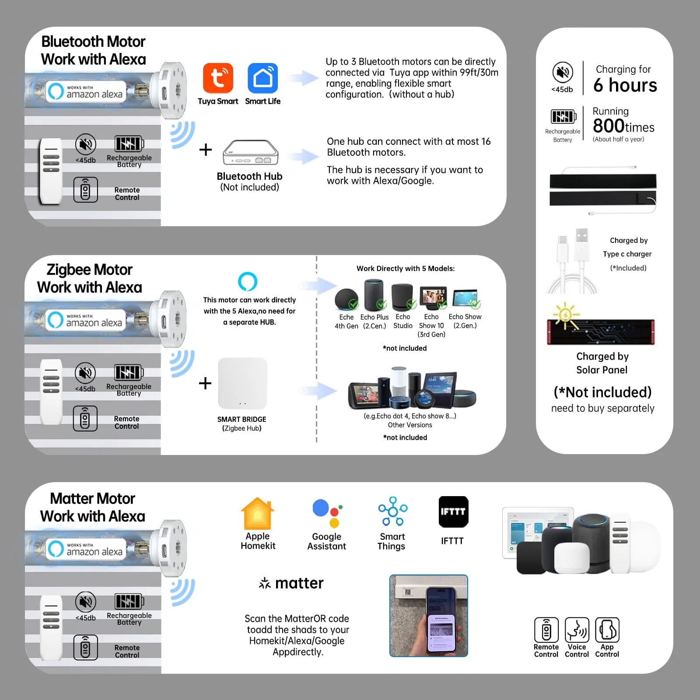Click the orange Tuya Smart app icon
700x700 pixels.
(x=218, y=78)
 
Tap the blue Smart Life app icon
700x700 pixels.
(x=262, y=78)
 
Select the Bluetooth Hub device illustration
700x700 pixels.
(x=250, y=153)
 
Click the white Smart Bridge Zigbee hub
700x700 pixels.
(x=242, y=384)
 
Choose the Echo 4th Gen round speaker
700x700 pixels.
(x=346, y=299)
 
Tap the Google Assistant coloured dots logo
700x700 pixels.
(x=327, y=513)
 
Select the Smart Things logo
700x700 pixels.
(x=392, y=511)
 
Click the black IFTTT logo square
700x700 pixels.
(x=453, y=511)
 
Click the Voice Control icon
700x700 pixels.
(x=577, y=630)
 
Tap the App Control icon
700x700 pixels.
(x=607, y=630)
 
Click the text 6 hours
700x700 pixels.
(x=625, y=85)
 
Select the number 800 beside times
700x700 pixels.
(x=608, y=126)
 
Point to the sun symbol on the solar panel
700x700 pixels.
(x=565, y=315)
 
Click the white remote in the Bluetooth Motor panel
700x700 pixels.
(x=51, y=171)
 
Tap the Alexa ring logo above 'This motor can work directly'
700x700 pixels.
(x=248, y=281)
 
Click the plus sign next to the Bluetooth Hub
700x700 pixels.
(x=205, y=150)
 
